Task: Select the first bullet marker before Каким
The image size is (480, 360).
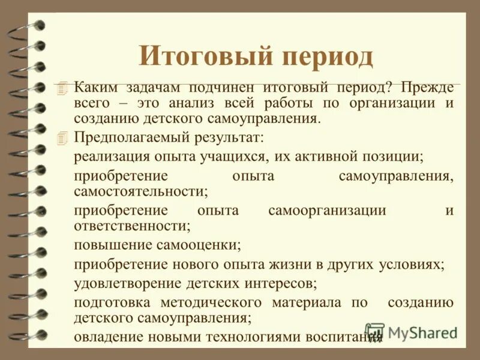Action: pyautogui.click(x=58, y=88)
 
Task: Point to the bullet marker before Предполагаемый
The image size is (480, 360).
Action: pyautogui.click(x=58, y=137)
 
